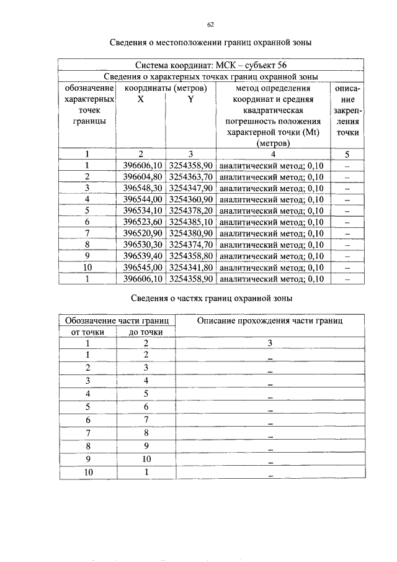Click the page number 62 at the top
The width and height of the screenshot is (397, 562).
210,25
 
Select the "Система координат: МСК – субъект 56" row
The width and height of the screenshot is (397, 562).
210,65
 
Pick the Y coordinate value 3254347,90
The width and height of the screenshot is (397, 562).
191,188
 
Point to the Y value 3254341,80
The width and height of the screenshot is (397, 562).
191,267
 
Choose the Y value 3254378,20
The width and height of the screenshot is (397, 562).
191,211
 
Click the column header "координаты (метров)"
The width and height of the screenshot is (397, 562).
166,88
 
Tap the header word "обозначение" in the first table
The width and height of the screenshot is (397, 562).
87,88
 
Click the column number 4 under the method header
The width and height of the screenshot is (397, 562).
273,154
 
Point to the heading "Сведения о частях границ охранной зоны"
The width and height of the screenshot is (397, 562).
210,298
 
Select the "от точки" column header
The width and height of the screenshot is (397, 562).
87,332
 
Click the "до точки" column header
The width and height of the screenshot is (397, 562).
146,332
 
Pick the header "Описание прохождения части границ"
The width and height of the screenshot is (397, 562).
270,320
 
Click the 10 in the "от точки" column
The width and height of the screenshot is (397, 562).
87,473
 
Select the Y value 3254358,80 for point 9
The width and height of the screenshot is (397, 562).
191,256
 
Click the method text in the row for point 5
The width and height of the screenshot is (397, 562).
272,211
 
